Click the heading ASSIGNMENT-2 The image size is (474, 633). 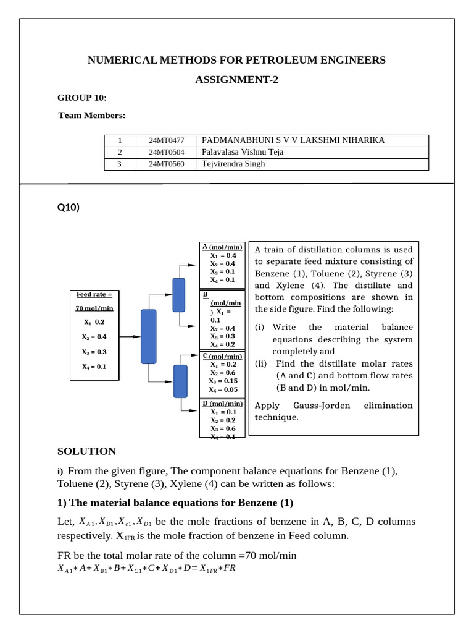pyautogui.click(x=236, y=80)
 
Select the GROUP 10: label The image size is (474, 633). pyautogui.click(x=82, y=98)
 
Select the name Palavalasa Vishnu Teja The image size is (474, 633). pyautogui.click(x=243, y=152)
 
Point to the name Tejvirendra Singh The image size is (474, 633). pyautogui.click(x=234, y=164)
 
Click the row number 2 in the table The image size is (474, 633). pyautogui.click(x=119, y=152)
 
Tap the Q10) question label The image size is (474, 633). pyautogui.click(x=68, y=208)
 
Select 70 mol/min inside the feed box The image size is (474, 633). pyautogui.click(x=94, y=308)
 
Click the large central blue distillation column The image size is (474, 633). pyautogui.click(x=149, y=336)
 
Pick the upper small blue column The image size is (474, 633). pyautogui.click(x=179, y=295)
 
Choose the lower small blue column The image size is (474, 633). pyautogui.click(x=180, y=381)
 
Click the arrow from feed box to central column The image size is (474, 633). pyautogui.click(x=129, y=337)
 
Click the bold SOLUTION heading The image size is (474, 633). pyautogui.click(x=86, y=452)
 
